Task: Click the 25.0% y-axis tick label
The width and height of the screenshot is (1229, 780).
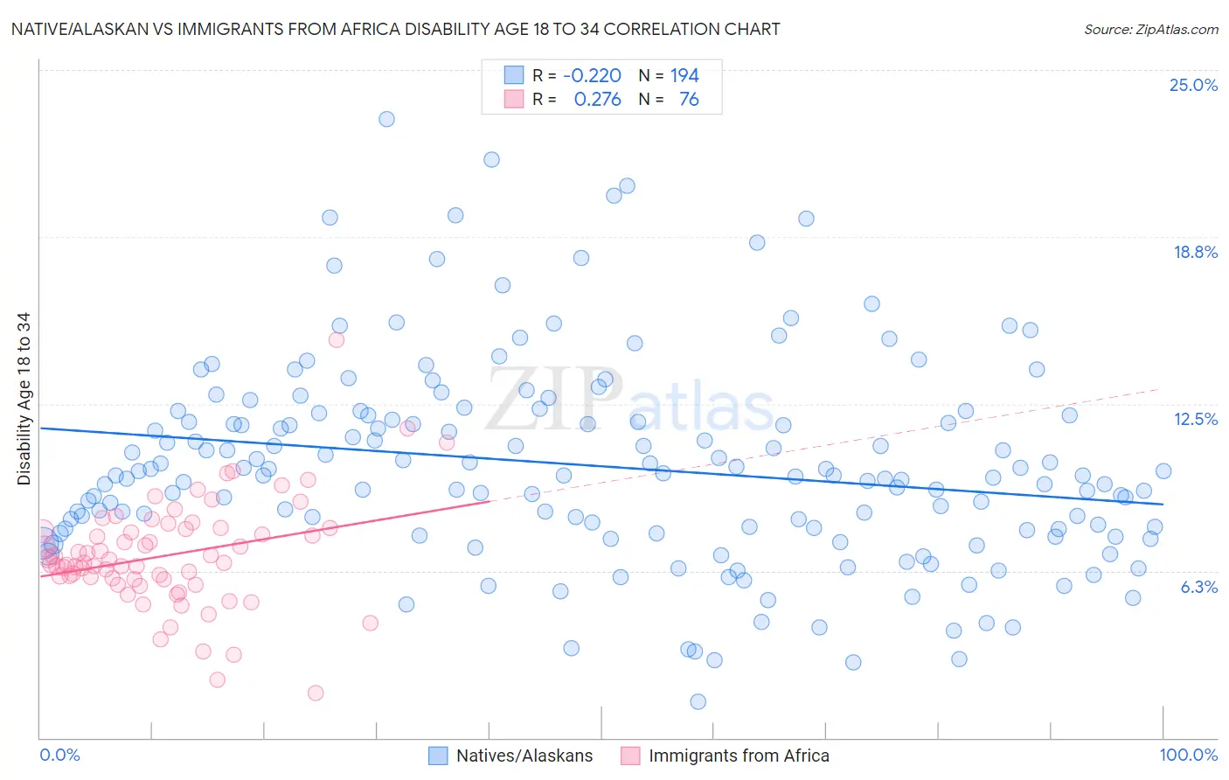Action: coord(1193,85)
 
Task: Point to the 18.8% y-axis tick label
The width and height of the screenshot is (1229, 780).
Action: coord(1195,252)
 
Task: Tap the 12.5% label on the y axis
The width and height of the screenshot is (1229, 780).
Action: coord(1195,419)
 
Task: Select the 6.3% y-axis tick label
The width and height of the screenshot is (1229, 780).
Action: coord(1198,587)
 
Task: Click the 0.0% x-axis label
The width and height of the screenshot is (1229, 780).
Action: coord(59,755)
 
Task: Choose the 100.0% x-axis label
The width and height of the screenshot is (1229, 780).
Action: coord(1188,755)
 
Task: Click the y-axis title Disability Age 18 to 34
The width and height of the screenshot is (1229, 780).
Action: coord(24,399)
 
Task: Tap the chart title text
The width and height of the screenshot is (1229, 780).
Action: coord(395,29)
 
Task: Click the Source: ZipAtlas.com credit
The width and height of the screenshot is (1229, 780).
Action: coord(1150,30)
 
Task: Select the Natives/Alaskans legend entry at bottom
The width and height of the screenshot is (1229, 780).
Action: coord(510,756)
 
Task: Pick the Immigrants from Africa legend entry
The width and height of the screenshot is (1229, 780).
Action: coord(725,756)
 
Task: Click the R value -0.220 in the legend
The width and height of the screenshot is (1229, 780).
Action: coord(592,76)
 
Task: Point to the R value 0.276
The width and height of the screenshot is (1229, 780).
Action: coord(597,100)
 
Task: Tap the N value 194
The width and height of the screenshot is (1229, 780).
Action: coord(684,76)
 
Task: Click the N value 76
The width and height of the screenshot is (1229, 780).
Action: coord(689,100)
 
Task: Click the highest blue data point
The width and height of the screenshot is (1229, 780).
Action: coord(386,119)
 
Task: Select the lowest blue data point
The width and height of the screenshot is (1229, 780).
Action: coord(698,701)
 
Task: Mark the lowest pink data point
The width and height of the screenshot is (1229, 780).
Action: coord(316,693)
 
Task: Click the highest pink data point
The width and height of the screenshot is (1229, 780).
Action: coord(337,340)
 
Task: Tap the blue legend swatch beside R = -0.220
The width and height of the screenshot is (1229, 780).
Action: coord(513,76)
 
